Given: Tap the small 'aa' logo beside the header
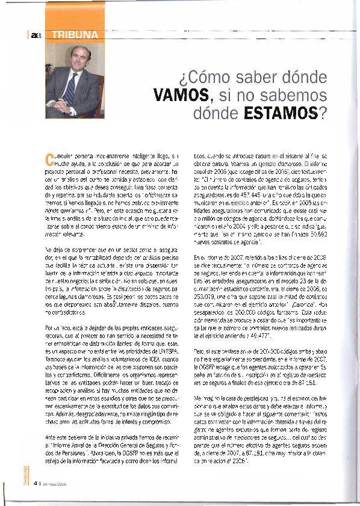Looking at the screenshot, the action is coord(36,35).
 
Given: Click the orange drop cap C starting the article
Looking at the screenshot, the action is coord(50,158).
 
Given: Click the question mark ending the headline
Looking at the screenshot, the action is coord(324,113).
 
